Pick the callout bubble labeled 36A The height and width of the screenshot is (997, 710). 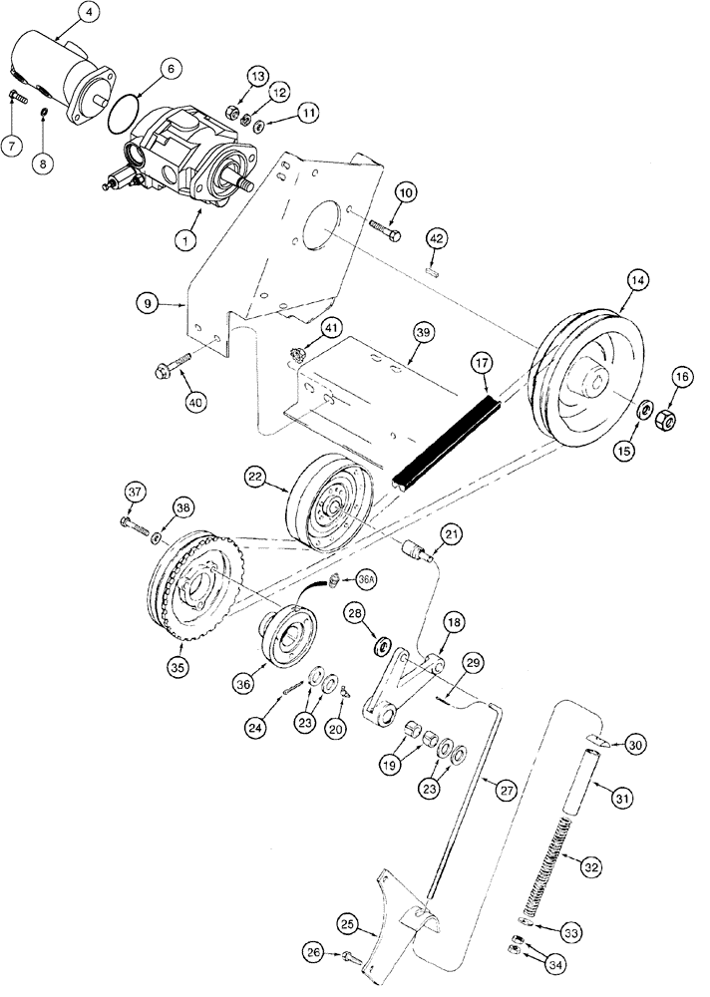coord(366,579)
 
